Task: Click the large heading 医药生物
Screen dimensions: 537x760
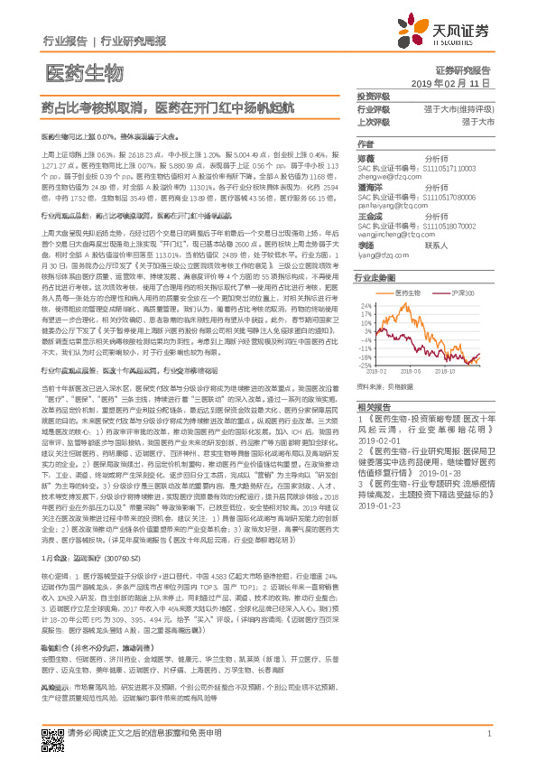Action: point(83,72)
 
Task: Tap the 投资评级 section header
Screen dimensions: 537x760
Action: point(374,95)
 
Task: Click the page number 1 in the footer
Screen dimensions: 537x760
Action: point(488,733)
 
